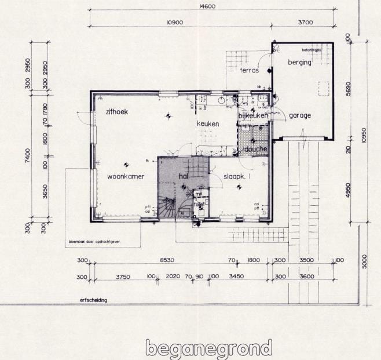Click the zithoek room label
tap(116, 111)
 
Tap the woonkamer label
tap(125, 176)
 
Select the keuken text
tap(208, 124)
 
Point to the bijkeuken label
tap(254, 116)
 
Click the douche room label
tap(255, 149)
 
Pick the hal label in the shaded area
tap(184, 176)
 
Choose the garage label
tap(300, 115)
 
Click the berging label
tap(299, 63)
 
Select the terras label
tap(249, 70)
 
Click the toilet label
tap(199, 204)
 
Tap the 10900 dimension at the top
tap(175, 22)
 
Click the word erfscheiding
tap(94, 300)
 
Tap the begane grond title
tap(208, 348)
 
